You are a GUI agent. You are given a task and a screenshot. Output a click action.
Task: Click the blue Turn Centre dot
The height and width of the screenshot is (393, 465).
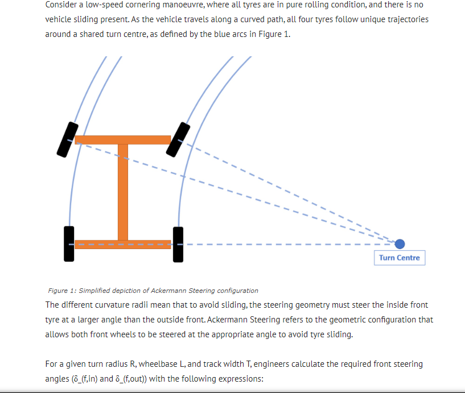[x=400, y=244]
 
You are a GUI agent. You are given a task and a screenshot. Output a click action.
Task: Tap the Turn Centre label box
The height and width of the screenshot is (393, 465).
[x=400, y=258]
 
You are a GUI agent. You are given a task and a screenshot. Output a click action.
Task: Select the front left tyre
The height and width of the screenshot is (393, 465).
[x=67, y=139]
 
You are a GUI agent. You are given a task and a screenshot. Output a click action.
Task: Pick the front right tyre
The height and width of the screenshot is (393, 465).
[x=178, y=139]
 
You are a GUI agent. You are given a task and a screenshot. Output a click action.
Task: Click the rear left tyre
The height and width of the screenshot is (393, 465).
[x=69, y=243]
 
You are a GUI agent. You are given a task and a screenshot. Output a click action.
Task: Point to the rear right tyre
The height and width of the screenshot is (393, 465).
[x=178, y=243]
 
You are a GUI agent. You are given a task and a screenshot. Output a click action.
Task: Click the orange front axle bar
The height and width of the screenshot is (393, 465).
[x=122, y=140]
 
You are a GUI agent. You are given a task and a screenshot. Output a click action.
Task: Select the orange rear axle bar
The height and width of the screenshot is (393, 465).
[x=122, y=245]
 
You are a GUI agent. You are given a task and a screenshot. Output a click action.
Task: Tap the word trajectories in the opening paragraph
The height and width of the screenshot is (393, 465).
[x=405, y=19]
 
